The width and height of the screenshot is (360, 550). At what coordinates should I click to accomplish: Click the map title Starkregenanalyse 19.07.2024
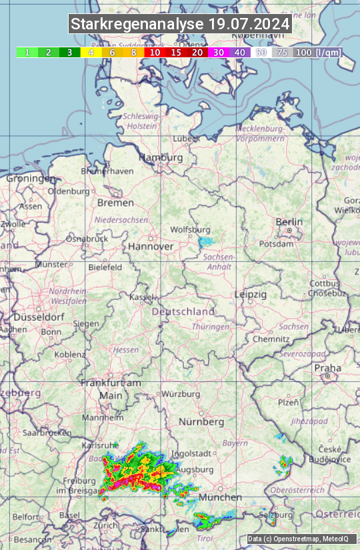[180, 25]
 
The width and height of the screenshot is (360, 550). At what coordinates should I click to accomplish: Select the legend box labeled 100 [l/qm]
[318, 52]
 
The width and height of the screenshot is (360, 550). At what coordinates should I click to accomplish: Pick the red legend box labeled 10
[155, 52]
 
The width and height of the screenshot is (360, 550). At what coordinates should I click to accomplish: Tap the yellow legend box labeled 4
[91, 52]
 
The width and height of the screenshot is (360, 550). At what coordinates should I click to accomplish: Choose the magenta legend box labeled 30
[219, 52]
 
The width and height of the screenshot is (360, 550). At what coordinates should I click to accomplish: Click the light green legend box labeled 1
[27, 52]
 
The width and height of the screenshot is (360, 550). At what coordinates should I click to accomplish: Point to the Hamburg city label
[161, 157]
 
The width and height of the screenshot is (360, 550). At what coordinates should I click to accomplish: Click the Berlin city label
[289, 222]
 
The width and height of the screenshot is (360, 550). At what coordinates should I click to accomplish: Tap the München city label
[219, 497]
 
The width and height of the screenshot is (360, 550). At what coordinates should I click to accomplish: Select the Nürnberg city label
[201, 422]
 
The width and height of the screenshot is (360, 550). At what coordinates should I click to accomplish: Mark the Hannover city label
[151, 247]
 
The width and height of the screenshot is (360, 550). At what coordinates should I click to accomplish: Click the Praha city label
[327, 367]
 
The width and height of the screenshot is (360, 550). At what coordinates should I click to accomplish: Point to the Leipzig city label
[251, 294]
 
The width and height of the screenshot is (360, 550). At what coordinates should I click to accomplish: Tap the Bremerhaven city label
[107, 171]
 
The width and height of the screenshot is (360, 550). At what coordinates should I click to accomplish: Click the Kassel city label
[142, 297]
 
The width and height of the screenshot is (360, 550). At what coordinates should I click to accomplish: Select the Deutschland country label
[183, 311]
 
